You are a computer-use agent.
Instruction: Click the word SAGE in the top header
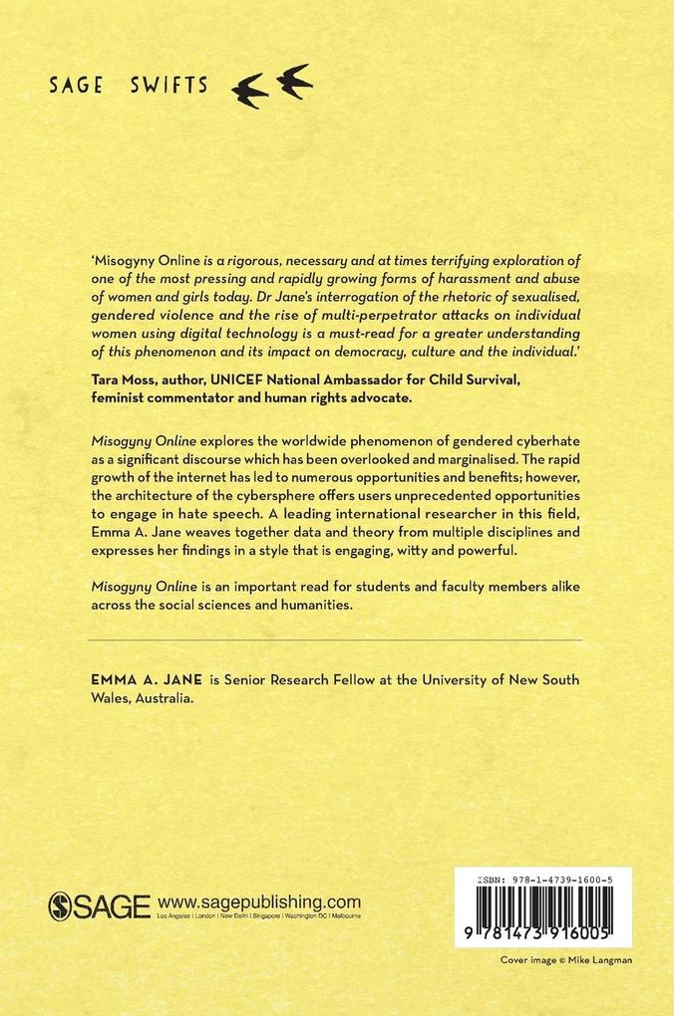76,85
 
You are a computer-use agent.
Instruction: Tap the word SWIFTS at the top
168,85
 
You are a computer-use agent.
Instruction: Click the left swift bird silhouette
249,93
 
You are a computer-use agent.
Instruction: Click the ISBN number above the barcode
544,879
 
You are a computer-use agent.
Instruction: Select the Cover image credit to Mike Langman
565,960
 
